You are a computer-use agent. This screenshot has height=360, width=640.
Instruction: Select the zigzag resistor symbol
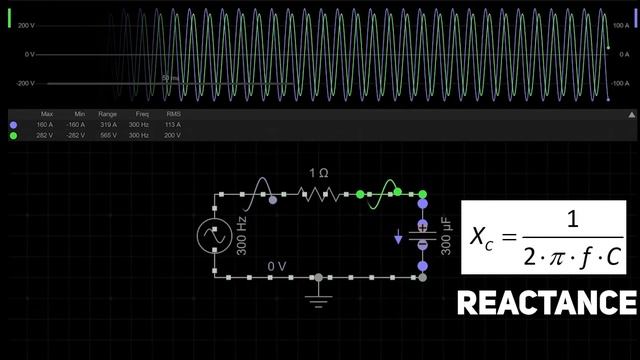click(319, 194)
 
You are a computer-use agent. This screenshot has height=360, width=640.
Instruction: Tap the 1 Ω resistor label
click(318, 174)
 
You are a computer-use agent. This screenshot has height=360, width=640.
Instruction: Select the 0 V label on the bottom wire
click(278, 266)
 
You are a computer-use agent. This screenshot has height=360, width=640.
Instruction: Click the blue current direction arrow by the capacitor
click(400, 238)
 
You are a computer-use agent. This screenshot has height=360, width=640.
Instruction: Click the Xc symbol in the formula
click(485, 237)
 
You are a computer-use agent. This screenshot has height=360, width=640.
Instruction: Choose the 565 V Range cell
click(107, 135)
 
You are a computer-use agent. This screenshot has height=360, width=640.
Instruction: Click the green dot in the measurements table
click(13, 135)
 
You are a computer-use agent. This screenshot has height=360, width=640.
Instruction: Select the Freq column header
click(139, 114)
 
